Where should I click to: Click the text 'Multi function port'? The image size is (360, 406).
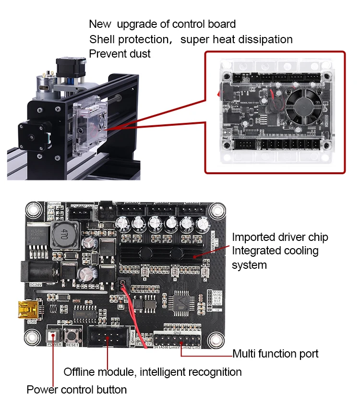(275, 354)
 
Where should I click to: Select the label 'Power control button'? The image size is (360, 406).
(76, 390)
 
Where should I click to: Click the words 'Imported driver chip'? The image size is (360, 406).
(280, 237)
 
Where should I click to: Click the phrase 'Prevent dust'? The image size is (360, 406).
(120, 54)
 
